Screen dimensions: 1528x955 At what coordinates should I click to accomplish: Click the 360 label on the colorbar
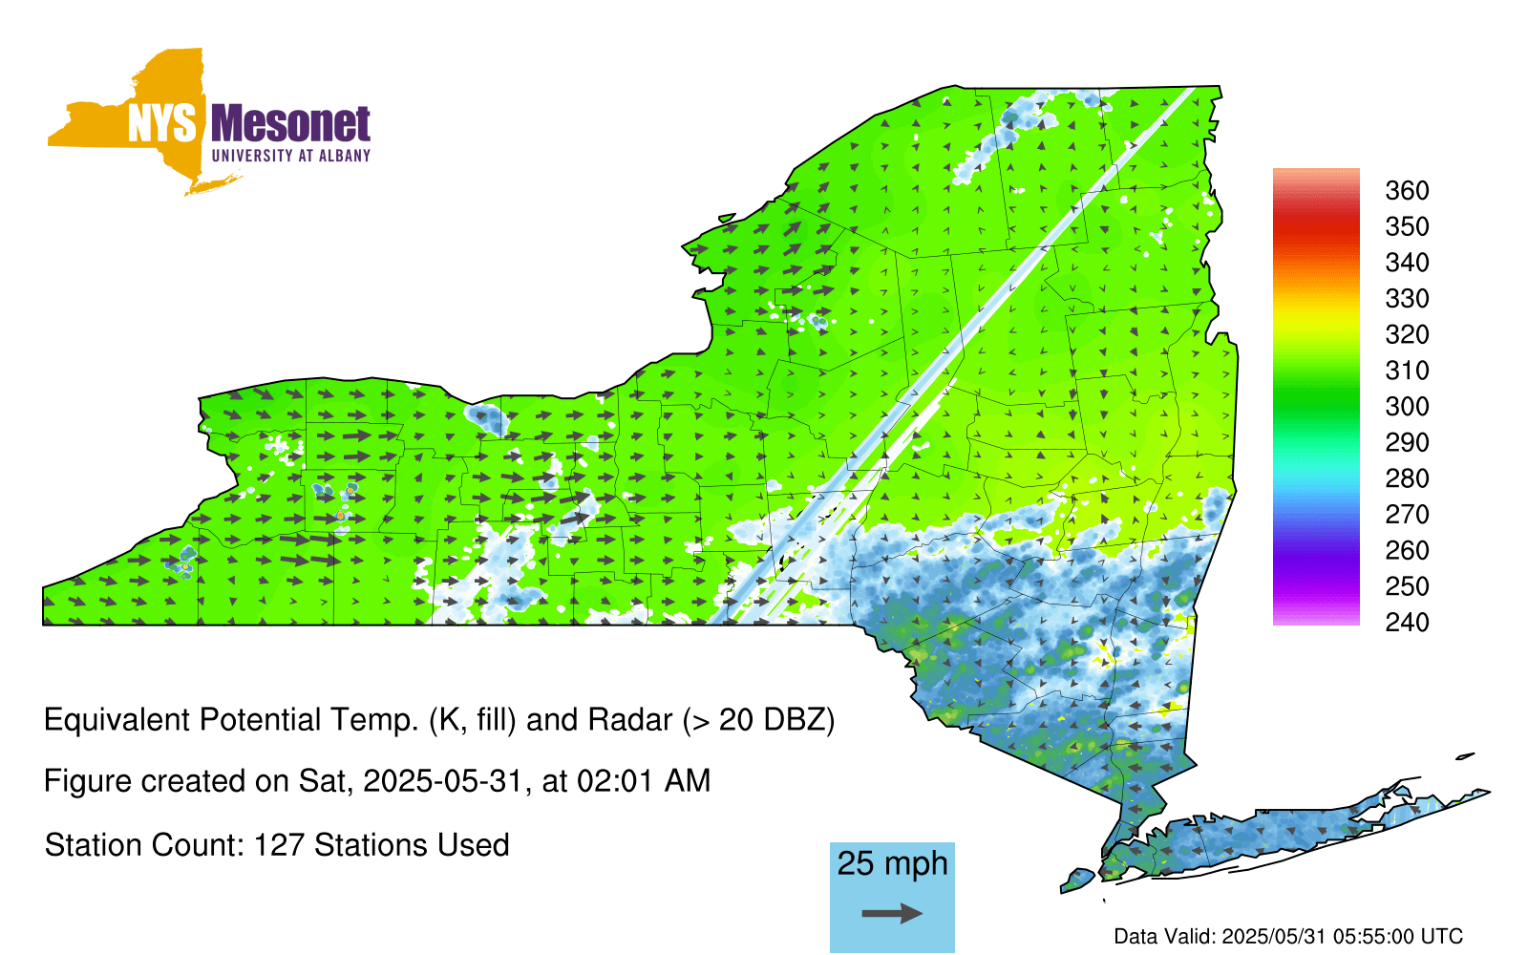[1407, 190]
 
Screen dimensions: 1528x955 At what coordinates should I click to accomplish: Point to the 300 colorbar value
[1407, 407]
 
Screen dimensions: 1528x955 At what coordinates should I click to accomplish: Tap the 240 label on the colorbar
[1407, 622]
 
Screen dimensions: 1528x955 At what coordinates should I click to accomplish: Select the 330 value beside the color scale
[1407, 299]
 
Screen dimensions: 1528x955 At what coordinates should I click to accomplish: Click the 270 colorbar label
[1407, 515]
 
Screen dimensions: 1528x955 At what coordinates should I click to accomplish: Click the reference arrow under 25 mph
[892, 913]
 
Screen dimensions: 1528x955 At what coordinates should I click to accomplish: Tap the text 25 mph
[892, 863]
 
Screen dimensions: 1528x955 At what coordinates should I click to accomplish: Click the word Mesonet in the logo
[291, 123]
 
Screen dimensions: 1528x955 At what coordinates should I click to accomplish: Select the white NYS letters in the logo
[161, 123]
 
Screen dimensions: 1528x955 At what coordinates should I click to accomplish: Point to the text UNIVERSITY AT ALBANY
[291, 156]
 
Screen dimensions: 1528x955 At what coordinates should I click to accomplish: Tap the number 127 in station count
[278, 845]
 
